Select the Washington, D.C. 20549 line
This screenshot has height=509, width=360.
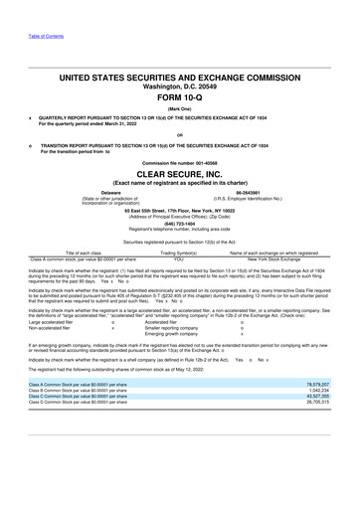click(x=180, y=85)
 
